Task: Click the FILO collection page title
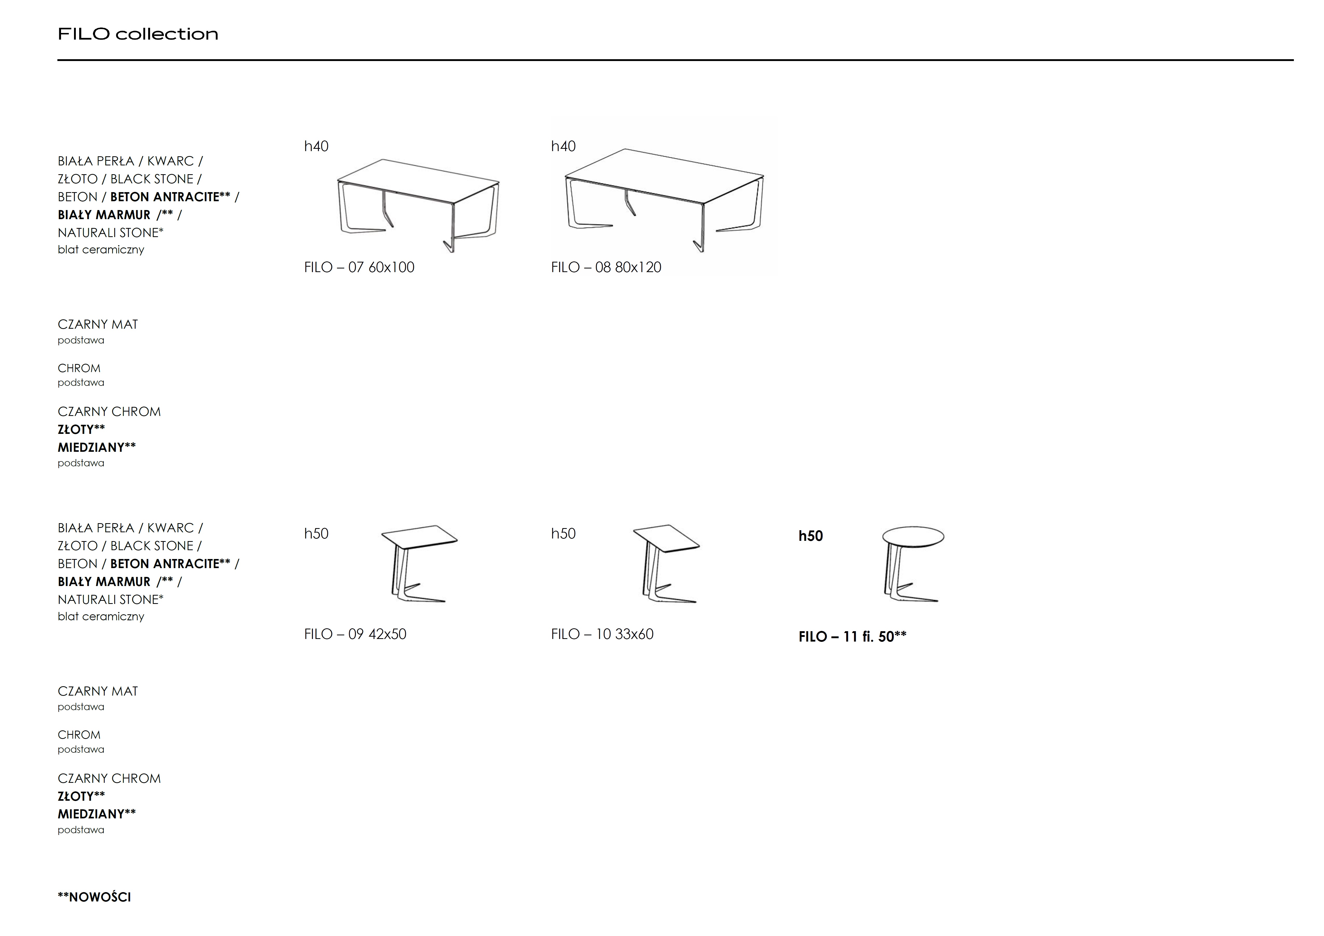[138, 34]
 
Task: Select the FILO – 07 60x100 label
[359, 267]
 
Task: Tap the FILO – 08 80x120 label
[606, 267]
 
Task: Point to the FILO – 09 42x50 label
[355, 634]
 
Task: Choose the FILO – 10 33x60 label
[602, 634]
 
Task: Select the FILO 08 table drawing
[664, 200]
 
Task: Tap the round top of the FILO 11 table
[913, 536]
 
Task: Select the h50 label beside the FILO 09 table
[316, 534]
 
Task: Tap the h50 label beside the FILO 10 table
[563, 534]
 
